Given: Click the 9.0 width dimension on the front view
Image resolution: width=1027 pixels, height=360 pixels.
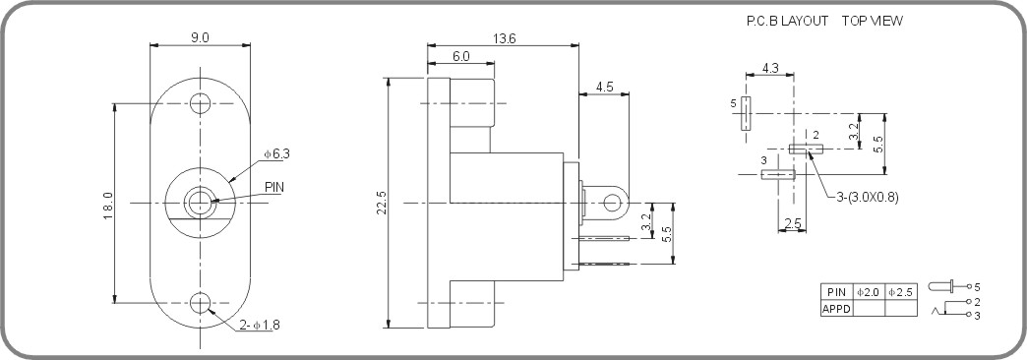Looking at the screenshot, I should (200, 37).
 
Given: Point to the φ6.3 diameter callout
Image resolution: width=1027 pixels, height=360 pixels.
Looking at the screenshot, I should (276, 153).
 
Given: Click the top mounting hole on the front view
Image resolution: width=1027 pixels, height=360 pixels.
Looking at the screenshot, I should (201, 102).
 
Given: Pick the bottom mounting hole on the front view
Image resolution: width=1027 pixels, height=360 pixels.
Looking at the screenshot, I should (201, 303).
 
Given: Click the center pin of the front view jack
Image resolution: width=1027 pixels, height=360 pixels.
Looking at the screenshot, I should (201, 204).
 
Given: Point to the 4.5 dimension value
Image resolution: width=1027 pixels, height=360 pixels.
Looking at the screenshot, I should (604, 88).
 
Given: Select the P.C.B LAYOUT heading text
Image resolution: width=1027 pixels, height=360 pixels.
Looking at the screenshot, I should (788, 21).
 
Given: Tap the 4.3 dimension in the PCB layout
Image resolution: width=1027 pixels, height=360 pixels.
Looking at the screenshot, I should (770, 69).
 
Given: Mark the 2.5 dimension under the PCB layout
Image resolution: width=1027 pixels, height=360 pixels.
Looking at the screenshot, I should (792, 225).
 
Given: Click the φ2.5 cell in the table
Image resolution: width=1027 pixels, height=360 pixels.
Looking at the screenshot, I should (900, 292).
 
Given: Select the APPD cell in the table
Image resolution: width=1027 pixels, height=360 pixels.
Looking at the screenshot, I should (836, 309).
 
